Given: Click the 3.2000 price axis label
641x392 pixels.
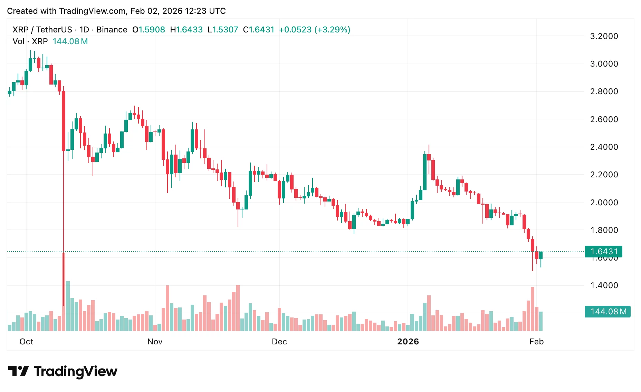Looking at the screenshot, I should pyautogui.click(x=604, y=36).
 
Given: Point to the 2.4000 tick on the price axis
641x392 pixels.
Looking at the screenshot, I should pyautogui.click(x=604, y=147).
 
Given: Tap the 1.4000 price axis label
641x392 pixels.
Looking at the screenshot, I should pyautogui.click(x=604, y=285).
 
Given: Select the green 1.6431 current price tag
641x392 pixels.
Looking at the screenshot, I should pyautogui.click(x=603, y=252).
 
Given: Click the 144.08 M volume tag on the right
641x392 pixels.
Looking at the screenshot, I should pyautogui.click(x=607, y=312).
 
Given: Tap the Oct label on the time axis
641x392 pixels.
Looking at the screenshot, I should pyautogui.click(x=26, y=342).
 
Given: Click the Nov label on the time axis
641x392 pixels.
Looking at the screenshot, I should pyautogui.click(x=155, y=342).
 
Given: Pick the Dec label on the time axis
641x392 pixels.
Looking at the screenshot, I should pyautogui.click(x=279, y=342).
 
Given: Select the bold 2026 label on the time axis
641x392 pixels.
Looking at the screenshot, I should pyautogui.click(x=408, y=342).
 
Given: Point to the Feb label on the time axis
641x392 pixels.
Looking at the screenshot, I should pyautogui.click(x=536, y=342).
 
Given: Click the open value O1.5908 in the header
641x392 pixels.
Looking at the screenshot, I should pyautogui.click(x=149, y=30).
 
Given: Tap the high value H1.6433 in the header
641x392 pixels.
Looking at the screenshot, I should pyautogui.click(x=186, y=30).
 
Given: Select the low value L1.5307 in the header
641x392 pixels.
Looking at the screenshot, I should pyautogui.click(x=223, y=30).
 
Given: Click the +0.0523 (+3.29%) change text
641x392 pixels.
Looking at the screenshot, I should pyautogui.click(x=314, y=30).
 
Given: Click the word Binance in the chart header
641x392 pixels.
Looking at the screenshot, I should pyautogui.click(x=112, y=30).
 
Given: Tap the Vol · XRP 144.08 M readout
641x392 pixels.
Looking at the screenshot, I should pyautogui.click(x=50, y=41).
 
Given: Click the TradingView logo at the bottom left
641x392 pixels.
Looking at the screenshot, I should pyautogui.click(x=63, y=371).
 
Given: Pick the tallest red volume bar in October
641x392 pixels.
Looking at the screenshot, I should pyautogui.click(x=64, y=292).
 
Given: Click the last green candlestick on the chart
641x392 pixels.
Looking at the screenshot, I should pyautogui.click(x=541, y=255).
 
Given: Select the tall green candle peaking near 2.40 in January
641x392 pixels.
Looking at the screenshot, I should pyautogui.click(x=425, y=172).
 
